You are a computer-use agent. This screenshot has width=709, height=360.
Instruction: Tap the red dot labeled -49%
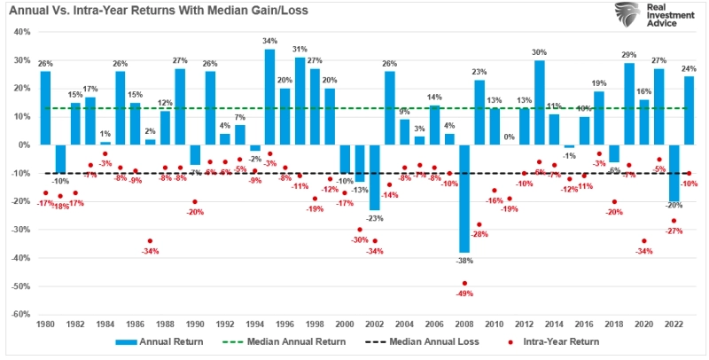(464, 293)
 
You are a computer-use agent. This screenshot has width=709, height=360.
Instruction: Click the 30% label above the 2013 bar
(539, 52)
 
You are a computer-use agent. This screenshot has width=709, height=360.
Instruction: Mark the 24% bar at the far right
(689, 110)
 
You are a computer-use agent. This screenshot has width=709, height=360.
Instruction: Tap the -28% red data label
(479, 234)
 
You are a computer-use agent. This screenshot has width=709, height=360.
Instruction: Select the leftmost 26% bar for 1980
(45, 107)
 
